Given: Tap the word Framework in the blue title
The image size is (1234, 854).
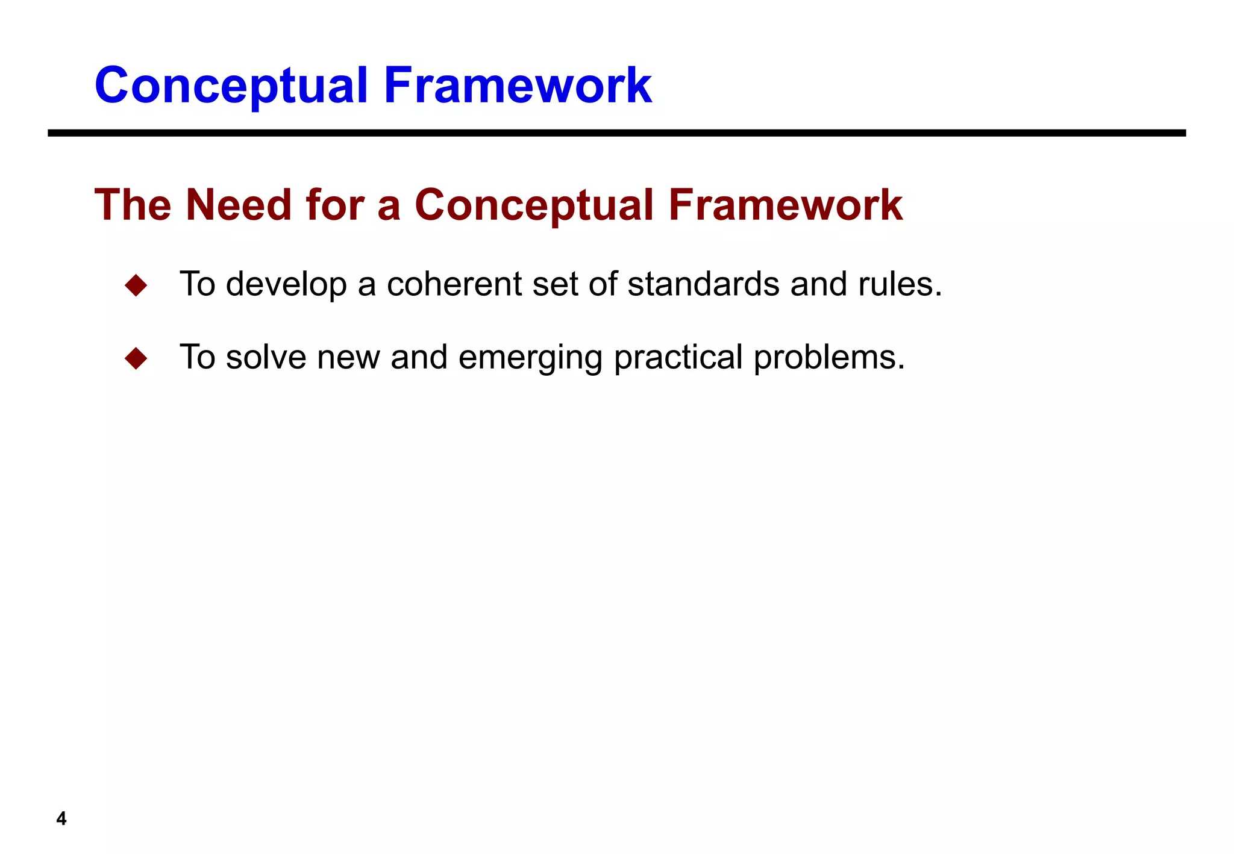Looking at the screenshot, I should coord(518,86).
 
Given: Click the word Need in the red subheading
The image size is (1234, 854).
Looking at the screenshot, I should coord(239,205).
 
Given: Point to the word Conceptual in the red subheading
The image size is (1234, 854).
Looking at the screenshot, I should coord(534,205).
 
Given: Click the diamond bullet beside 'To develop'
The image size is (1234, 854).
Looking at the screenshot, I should coord(136,285).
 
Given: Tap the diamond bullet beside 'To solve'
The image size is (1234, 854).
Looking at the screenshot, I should coord(136,358).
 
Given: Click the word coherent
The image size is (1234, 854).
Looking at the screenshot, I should coord(454,284).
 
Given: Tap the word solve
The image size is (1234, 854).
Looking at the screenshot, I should coord(266,357).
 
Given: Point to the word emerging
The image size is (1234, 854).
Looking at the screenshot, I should coord(530,358).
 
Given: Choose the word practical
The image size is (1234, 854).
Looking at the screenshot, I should coord(678,358).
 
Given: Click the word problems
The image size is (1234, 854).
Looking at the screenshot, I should coord(828,358).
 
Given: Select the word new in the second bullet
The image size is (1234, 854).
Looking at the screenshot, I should coord(348,358).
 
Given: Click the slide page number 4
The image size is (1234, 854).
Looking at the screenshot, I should coord(61,818).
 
